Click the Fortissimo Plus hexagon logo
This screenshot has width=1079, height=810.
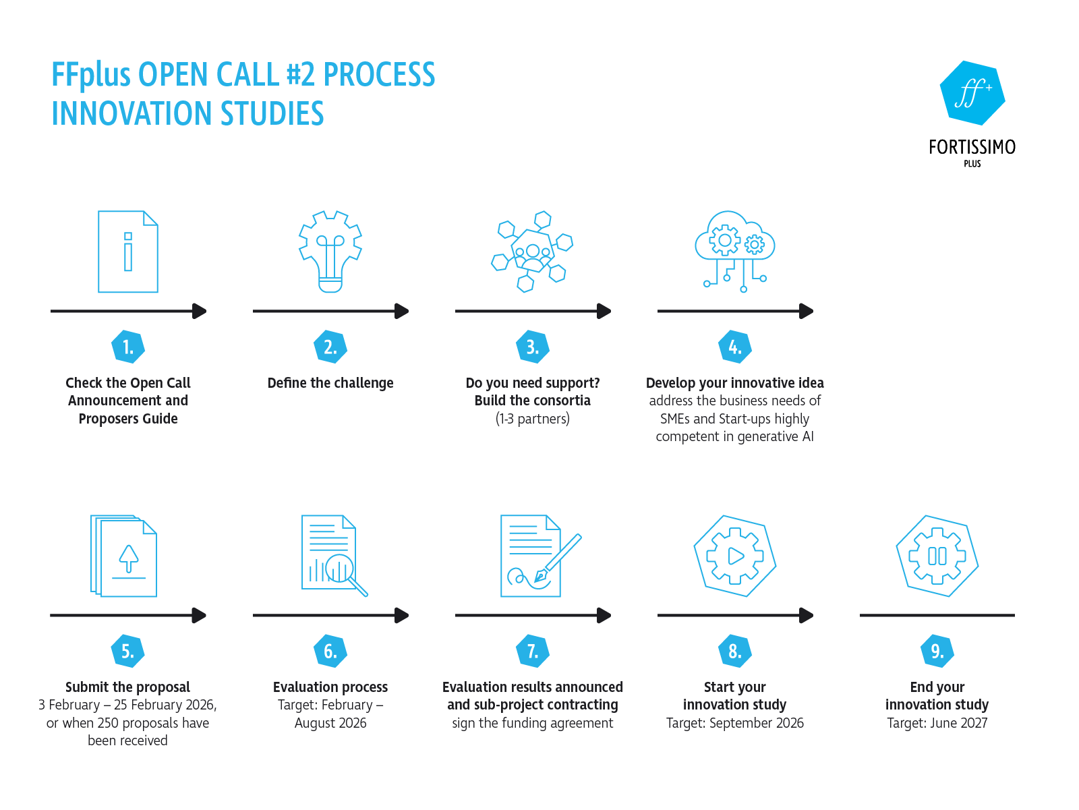(972, 93)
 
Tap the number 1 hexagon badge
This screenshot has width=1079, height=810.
(127, 347)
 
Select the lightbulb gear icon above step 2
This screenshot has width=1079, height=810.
(330, 251)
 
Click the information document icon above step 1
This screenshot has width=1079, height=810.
(128, 252)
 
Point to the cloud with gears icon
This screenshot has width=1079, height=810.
(734, 250)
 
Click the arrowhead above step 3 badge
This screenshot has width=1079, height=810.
(604, 311)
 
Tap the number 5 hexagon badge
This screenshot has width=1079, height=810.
(127, 651)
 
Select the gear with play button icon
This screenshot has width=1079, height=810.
(734, 556)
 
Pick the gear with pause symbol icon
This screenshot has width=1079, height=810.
(937, 556)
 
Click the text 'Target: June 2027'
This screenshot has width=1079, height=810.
(937, 723)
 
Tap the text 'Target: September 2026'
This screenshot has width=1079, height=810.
(734, 723)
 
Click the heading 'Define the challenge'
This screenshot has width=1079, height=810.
(330, 383)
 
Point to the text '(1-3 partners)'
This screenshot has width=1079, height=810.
(532, 419)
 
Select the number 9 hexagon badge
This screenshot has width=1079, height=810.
(937, 651)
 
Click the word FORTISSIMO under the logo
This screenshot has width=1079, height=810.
(972, 147)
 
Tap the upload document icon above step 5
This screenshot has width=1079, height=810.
(124, 556)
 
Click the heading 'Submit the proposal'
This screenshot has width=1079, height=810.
(127, 687)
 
